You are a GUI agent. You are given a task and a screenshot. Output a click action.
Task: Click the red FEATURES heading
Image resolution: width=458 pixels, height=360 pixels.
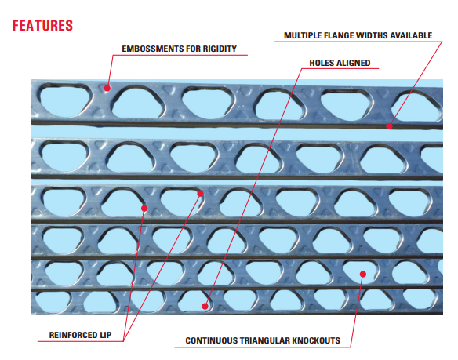pyautogui.click(x=42, y=25)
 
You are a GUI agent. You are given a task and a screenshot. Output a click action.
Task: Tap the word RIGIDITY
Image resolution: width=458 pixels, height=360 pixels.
pyautogui.click(x=220, y=49)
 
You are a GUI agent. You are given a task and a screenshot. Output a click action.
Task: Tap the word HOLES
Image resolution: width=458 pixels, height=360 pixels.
pyautogui.click(x=321, y=63)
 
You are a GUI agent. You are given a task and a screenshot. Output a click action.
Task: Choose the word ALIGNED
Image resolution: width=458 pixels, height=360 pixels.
pyautogui.click(x=353, y=63)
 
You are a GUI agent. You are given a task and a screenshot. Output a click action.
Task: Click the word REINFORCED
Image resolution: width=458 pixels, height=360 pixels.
pyautogui.click(x=73, y=335)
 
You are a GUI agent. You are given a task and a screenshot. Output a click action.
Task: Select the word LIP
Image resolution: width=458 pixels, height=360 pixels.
pyautogui.click(x=105, y=335)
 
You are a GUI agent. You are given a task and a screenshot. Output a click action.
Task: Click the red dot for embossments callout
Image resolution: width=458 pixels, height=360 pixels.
pyautogui.click(x=107, y=88)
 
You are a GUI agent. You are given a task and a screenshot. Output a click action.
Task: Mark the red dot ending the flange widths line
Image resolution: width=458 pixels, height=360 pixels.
pyautogui.click(x=389, y=126)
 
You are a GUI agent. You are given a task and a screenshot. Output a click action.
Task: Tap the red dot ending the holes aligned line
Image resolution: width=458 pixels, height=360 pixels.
pyautogui.click(x=205, y=306)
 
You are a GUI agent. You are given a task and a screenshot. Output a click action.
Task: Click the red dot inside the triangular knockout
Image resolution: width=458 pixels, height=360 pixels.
pyautogui.click(x=363, y=274)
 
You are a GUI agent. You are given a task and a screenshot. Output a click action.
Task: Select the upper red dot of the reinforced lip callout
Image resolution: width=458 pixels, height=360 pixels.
pyautogui.click(x=201, y=194)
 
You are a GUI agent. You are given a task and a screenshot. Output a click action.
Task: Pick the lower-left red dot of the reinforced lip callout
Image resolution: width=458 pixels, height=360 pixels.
pyautogui.click(x=144, y=208)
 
